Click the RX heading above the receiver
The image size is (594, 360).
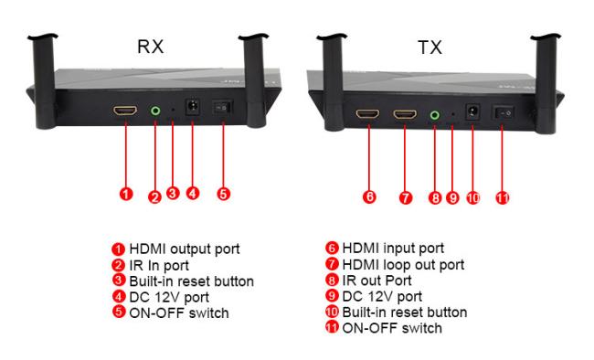pos(151,47)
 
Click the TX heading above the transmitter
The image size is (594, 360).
pos(430,48)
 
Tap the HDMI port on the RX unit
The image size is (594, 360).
pos(125,111)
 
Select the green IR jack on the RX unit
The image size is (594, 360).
pos(155,111)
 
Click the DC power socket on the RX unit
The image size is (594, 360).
pos(193,107)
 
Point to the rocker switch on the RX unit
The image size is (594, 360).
pos(222,108)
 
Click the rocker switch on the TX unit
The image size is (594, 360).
pos(504,112)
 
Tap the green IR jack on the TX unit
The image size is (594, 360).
pos(435,114)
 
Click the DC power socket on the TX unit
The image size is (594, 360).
pos(472,111)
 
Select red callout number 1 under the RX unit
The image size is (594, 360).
pos(126,194)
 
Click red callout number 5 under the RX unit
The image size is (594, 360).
pos(224,194)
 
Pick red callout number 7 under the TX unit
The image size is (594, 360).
pos(406,197)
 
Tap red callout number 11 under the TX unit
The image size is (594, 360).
pos(503,197)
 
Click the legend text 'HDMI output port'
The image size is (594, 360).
pos(185,249)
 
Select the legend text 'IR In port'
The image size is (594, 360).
pos(159,266)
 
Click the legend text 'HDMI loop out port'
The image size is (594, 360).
pos(403,264)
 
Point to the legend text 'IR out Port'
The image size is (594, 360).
pos(377,281)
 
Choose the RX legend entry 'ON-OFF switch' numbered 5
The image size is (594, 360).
pos(179,313)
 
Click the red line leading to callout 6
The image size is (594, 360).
pos(369,158)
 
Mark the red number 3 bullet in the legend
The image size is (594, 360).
pos(119,281)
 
